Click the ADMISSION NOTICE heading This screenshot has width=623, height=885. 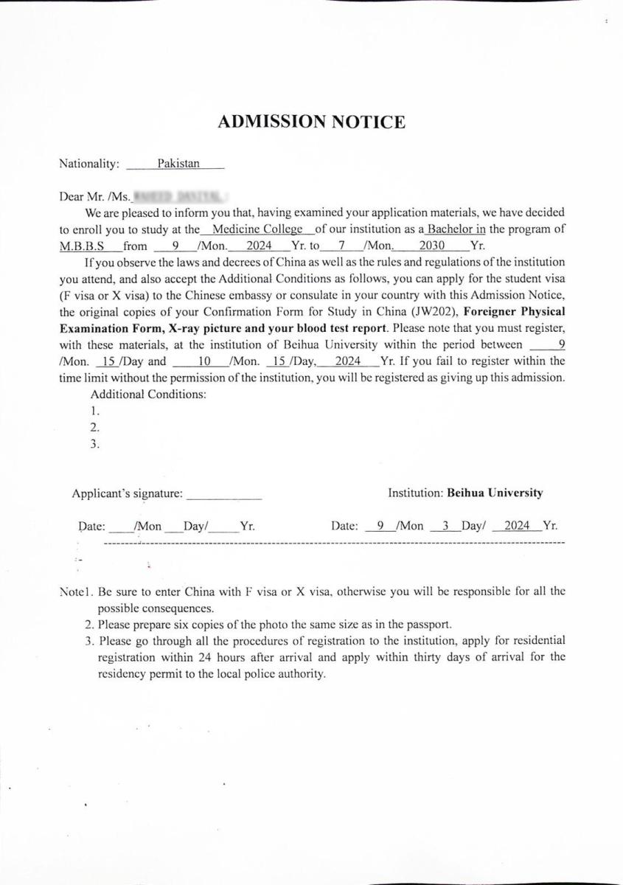coord(311,122)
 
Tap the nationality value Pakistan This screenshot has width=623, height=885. coord(178,164)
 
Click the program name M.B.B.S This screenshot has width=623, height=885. coord(82,246)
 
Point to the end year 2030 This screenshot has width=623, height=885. coord(431,246)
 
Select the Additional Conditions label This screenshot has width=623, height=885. coord(147,394)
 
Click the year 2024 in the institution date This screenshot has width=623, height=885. coord(517,526)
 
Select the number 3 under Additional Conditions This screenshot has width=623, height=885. coord(94,444)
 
